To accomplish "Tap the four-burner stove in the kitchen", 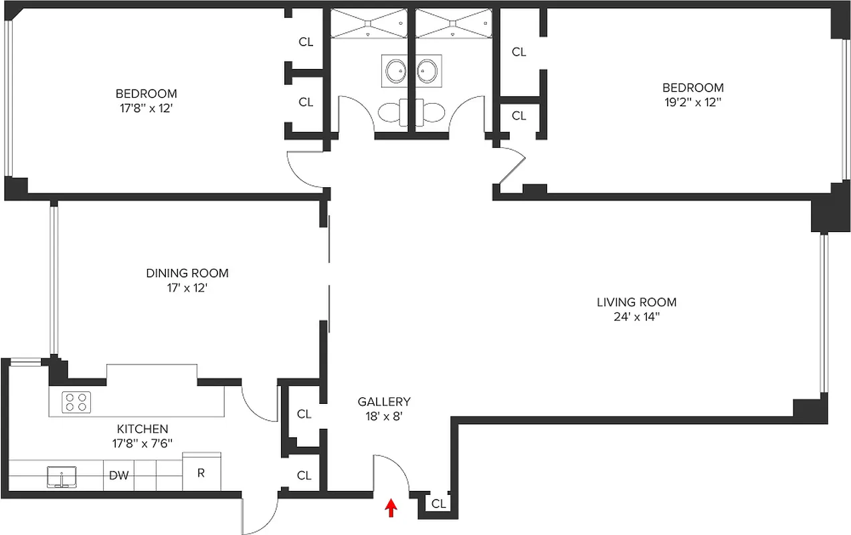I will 76,402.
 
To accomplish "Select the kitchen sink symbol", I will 62,477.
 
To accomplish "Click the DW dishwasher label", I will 118,475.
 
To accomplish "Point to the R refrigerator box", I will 201,473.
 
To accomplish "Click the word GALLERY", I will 383,402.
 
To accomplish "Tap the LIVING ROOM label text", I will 636,302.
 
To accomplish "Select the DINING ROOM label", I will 187,273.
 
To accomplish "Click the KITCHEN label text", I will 143,429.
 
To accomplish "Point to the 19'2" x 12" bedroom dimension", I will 692,102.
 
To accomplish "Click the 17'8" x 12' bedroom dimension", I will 146,108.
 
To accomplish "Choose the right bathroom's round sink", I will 427,70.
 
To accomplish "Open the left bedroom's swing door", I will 306,170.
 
